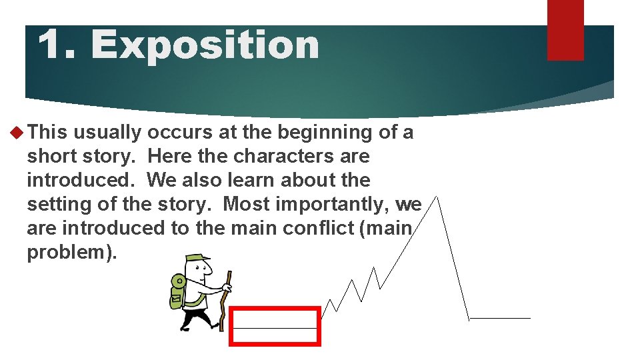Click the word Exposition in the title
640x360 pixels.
pyautogui.click(x=205, y=45)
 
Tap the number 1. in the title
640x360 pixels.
pyautogui.click(x=59, y=45)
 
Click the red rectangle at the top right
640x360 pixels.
pyautogui.click(x=565, y=29)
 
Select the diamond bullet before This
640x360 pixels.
pyautogui.click(x=17, y=133)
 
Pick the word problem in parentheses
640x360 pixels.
pyautogui.click(x=69, y=252)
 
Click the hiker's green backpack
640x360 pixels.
pyautogui.click(x=177, y=291)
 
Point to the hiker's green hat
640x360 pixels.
pyautogui.click(x=198, y=259)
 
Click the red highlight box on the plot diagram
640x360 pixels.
pyautogui.click(x=275, y=326)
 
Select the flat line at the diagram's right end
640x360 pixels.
pyautogui.click(x=500, y=318)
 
